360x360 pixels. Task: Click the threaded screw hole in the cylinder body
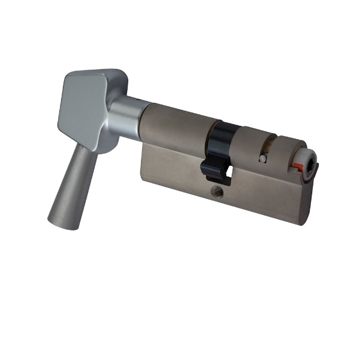point(217,192)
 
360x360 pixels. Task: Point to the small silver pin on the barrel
point(261,159)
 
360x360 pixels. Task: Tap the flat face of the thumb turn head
point(82,109)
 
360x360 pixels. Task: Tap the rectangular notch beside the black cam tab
point(231,175)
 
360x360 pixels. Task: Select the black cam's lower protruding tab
point(212,172)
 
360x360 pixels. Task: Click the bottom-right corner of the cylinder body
point(301,224)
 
